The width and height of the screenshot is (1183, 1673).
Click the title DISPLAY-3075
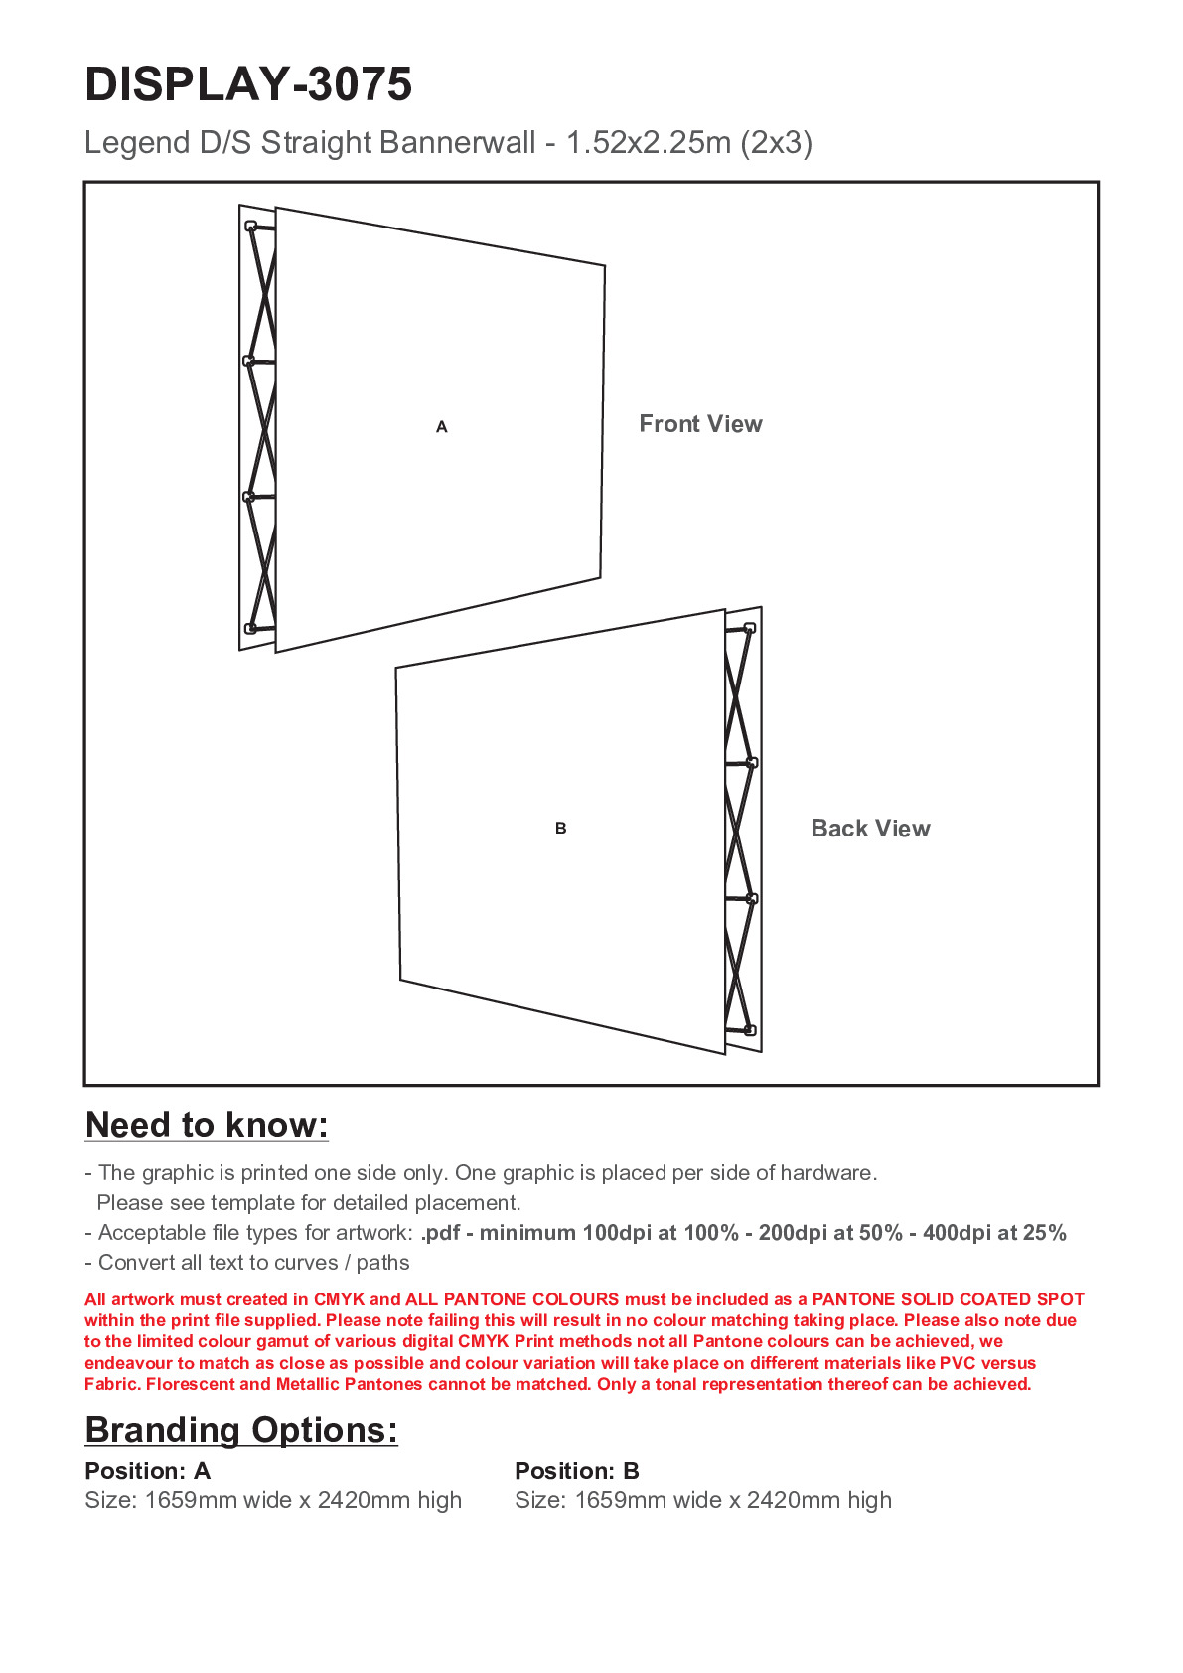[x=248, y=84]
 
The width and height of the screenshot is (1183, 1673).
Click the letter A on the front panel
[x=442, y=427]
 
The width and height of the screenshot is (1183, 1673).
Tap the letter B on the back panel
[x=561, y=828]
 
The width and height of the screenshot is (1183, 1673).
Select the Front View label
[x=700, y=424]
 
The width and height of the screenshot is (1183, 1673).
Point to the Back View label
[x=870, y=829]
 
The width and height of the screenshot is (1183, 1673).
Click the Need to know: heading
[x=207, y=1125]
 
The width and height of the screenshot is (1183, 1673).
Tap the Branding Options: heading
[x=241, y=1430]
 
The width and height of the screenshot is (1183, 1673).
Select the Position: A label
[x=148, y=1471]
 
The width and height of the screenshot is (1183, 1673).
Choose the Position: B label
[x=577, y=1471]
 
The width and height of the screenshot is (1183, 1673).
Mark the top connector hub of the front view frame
[x=251, y=227]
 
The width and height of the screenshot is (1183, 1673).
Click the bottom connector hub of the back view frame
[x=750, y=1030]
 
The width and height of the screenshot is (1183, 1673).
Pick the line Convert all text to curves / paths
[x=247, y=1263]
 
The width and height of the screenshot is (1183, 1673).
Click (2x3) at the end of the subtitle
[x=777, y=143]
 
